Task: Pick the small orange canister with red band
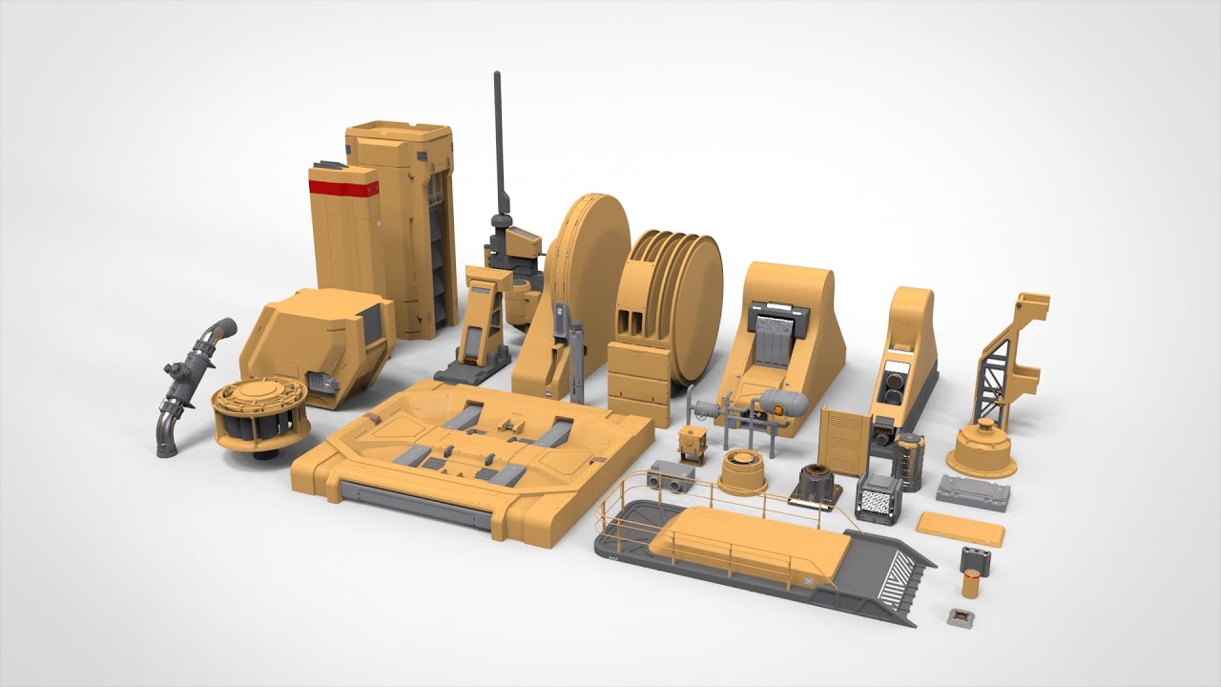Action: tap(970, 584)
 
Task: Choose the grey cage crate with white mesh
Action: tap(879, 499)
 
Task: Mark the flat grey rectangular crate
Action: tap(972, 491)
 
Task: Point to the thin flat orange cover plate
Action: tap(960, 528)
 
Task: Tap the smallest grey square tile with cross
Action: tap(960, 616)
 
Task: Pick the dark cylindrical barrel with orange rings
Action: tap(910, 460)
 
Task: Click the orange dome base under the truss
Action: tap(982, 449)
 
